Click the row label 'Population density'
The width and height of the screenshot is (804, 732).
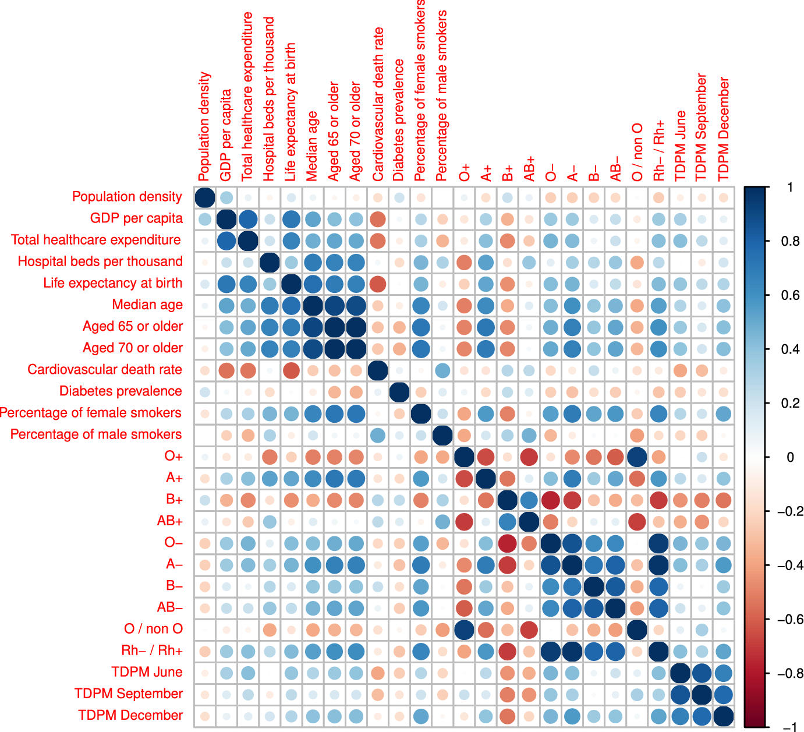coord(127,197)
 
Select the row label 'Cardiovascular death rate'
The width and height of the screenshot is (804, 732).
coord(105,370)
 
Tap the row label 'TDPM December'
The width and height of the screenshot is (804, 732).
coord(130,715)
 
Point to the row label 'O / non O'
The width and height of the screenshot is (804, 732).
coord(153,629)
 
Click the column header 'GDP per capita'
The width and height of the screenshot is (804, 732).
coord(226,135)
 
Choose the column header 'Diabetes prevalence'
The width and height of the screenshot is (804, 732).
coord(399,120)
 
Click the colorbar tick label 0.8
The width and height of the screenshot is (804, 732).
coord(790,241)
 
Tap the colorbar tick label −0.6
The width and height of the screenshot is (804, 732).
coord(790,619)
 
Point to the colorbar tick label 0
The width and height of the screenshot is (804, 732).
coord(790,457)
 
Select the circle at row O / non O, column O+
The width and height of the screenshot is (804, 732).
coord(464,630)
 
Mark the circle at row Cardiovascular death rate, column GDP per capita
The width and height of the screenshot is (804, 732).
coord(226,370)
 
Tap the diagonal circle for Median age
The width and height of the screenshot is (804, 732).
coord(313,306)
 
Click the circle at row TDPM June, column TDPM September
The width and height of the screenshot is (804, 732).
coord(702,673)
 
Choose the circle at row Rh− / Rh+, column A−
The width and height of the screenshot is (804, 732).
coord(572,651)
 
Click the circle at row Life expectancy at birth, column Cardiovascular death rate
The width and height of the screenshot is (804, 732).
coord(377,284)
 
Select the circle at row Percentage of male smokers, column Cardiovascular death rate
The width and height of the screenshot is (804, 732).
coord(377,435)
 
